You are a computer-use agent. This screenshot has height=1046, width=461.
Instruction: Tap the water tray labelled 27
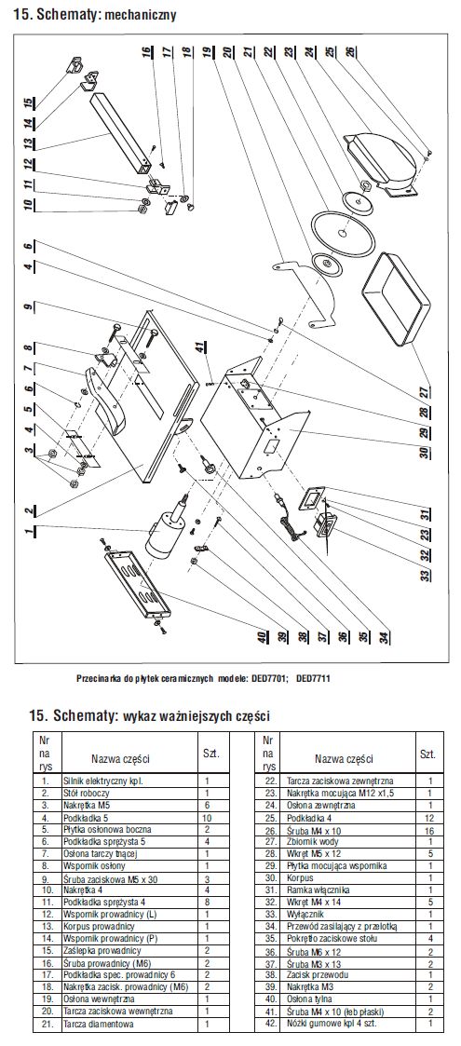click(391, 300)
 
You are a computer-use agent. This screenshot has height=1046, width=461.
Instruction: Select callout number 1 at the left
click(29, 532)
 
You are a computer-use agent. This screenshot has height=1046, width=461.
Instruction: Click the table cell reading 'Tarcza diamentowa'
click(98, 1024)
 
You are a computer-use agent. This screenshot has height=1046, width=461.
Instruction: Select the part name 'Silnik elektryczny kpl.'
click(103, 780)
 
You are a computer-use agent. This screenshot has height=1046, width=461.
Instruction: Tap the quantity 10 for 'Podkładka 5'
click(208, 817)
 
